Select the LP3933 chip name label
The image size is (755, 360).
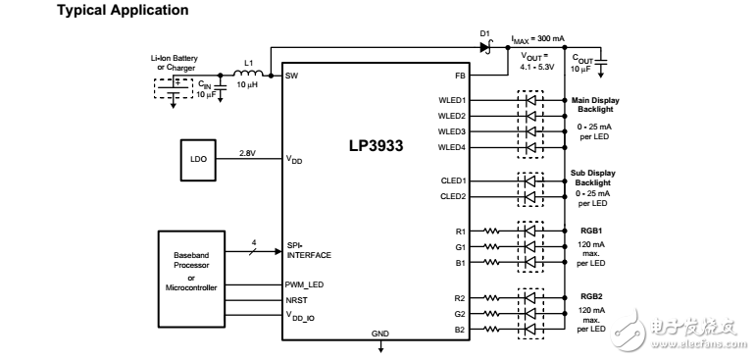(x=376, y=144)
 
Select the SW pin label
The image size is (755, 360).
(x=291, y=75)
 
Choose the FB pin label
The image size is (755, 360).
(x=460, y=75)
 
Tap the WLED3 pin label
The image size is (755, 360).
(x=452, y=130)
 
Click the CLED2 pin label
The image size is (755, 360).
(x=452, y=196)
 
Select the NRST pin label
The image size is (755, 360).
(x=297, y=300)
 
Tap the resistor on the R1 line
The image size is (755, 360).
(x=492, y=232)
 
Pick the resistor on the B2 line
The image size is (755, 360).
(x=492, y=329)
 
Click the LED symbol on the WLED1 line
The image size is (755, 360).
(x=532, y=99)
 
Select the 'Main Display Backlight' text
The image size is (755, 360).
(x=594, y=105)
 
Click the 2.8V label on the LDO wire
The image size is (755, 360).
(x=248, y=152)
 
